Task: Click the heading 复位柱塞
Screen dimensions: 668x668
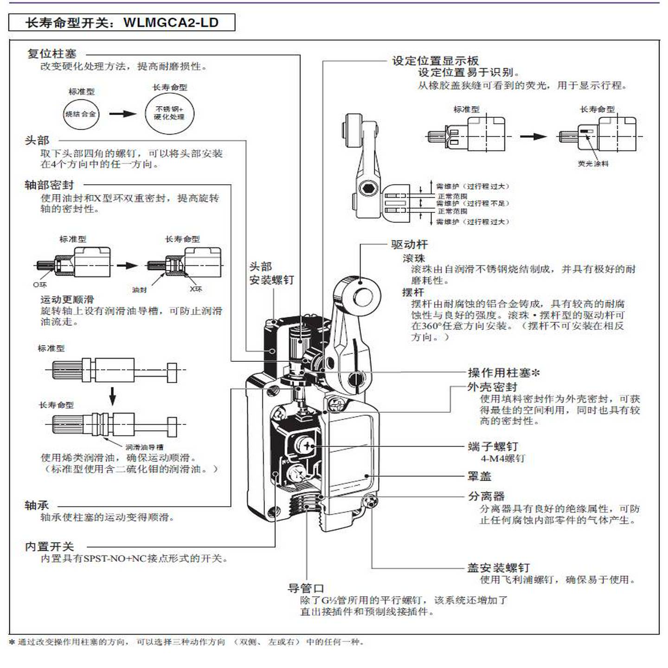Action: pos(51,54)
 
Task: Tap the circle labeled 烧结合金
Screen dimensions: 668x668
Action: pos(81,114)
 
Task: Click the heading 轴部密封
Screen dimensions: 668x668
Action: pos(49,186)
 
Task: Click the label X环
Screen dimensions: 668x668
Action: pos(196,289)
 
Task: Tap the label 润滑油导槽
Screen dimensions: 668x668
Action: pos(144,447)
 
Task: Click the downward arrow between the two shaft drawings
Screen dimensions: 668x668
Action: pos(112,395)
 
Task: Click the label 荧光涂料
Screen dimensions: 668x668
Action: pos(593,164)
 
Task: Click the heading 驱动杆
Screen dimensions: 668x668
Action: pos(409,245)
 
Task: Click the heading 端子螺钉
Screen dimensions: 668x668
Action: pos(493,447)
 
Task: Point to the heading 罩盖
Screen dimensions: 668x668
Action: pos(479,476)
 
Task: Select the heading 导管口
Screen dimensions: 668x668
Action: pos(306,589)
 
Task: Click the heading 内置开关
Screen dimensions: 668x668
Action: pos(49,547)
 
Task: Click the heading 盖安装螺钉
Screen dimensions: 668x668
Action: pos(498,568)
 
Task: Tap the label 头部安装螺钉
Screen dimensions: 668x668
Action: pos(271,273)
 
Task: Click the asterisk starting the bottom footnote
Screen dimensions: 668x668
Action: pos(12,642)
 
